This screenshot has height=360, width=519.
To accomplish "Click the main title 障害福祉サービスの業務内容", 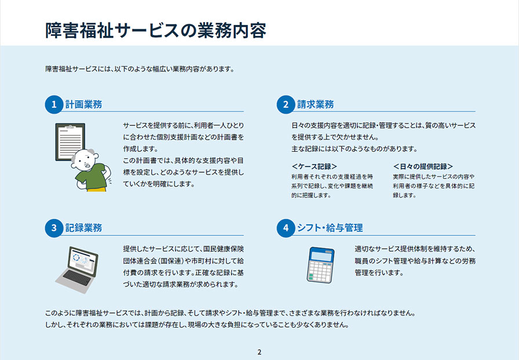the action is click(x=156, y=31).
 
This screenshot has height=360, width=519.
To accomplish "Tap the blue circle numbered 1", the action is click(x=54, y=105).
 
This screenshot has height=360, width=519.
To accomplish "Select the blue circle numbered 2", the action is click(x=286, y=105).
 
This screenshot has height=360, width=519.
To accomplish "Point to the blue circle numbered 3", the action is click(x=54, y=228).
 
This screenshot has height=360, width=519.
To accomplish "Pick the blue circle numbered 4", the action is click(x=286, y=228).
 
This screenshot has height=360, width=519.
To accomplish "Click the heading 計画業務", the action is click(x=83, y=105).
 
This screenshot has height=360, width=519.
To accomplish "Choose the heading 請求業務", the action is click(x=315, y=105).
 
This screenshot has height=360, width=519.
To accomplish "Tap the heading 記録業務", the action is click(x=83, y=228).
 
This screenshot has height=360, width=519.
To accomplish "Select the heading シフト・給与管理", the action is click(x=330, y=228).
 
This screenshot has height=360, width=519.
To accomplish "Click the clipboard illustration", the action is click(x=70, y=142).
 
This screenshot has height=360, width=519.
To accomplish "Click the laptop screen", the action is click(x=82, y=261).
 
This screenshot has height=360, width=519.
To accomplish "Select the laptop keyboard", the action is click(x=76, y=278).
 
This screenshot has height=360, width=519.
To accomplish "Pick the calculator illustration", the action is click(x=320, y=265).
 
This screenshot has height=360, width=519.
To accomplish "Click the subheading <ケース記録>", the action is click(x=315, y=166).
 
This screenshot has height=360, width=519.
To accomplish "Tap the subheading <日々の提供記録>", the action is click(x=423, y=166).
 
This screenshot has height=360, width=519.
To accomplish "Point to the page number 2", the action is click(x=259, y=352).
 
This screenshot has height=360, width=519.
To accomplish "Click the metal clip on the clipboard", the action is click(x=70, y=126).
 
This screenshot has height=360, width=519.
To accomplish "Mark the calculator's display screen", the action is click(x=321, y=256).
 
